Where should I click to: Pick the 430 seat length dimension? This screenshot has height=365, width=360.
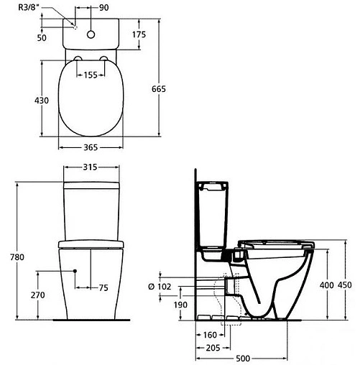click(41, 101)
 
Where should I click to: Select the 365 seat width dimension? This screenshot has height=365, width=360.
click(90, 147)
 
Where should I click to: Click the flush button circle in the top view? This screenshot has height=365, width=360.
click(91, 33)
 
